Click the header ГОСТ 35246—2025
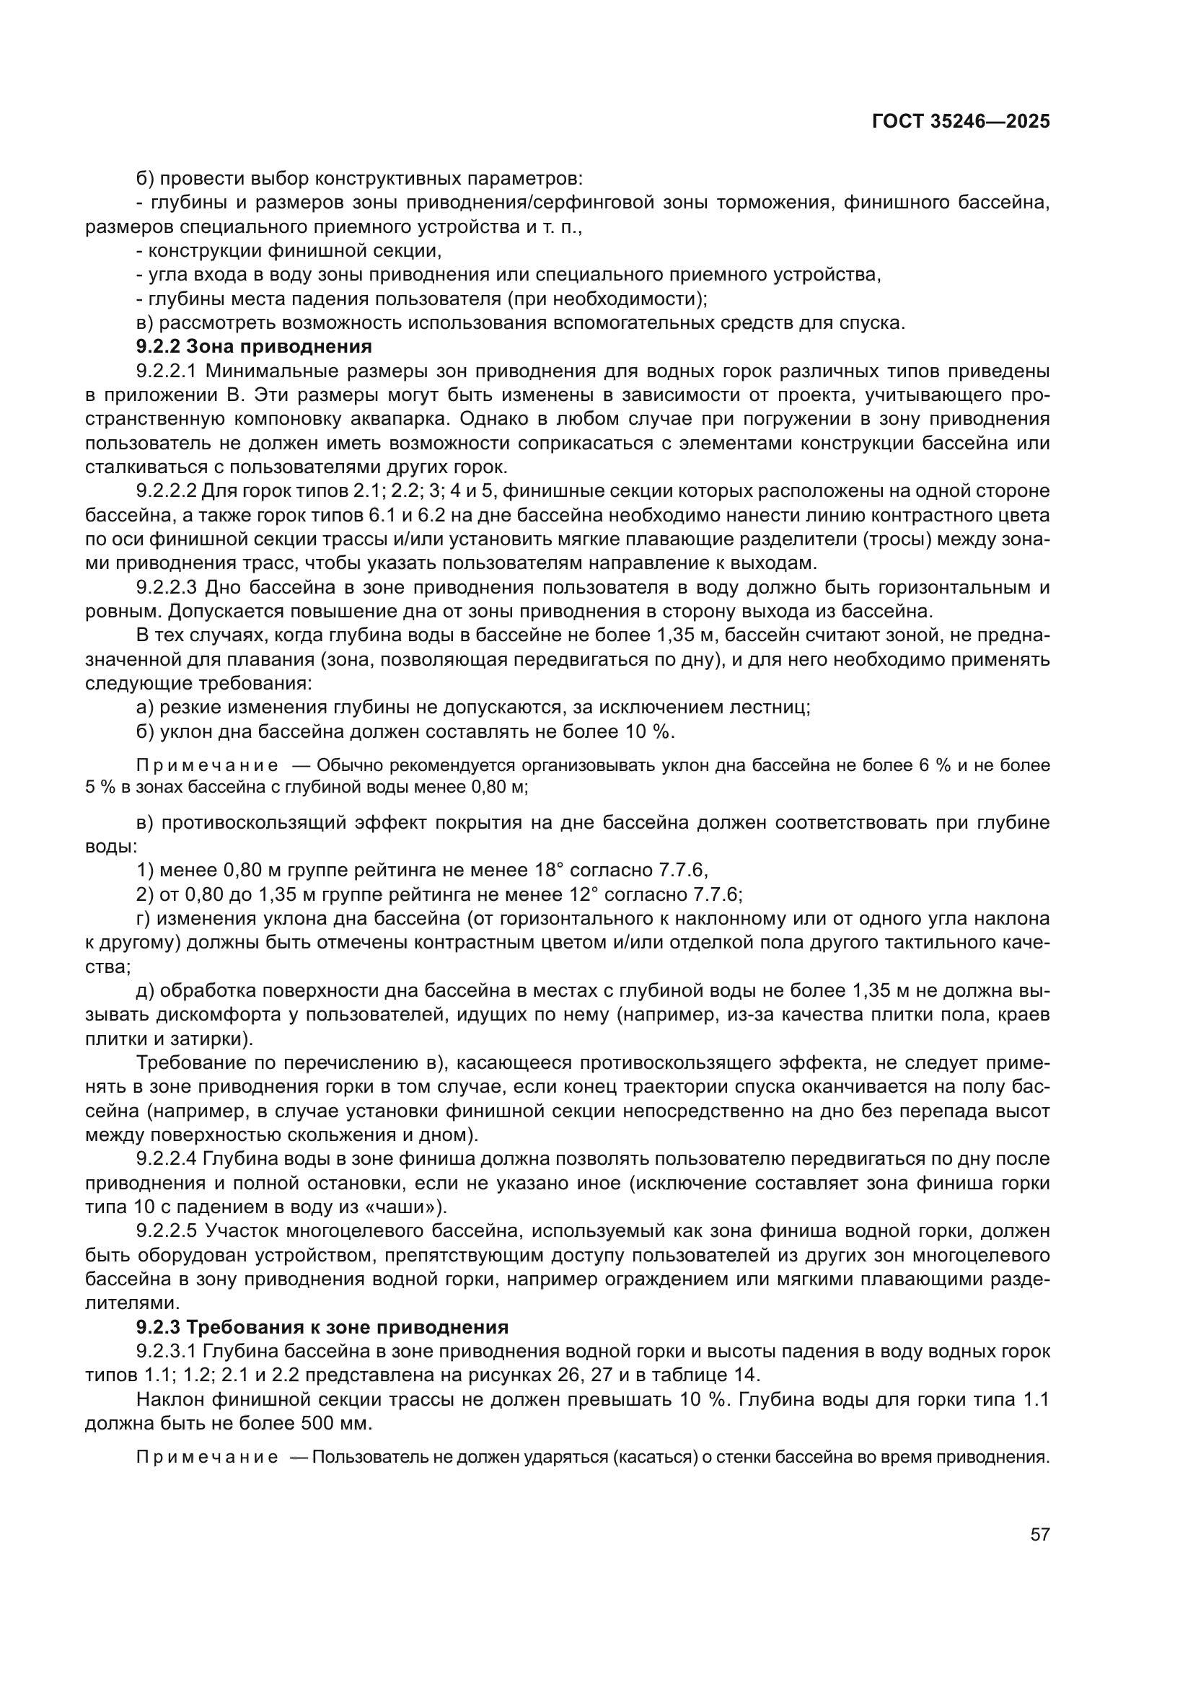tap(960, 122)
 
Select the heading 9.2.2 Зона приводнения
tap(254, 346)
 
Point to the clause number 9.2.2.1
tap(166, 370)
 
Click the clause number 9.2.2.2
tap(166, 491)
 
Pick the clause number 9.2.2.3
tap(166, 587)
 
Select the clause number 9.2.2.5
tap(166, 1230)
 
